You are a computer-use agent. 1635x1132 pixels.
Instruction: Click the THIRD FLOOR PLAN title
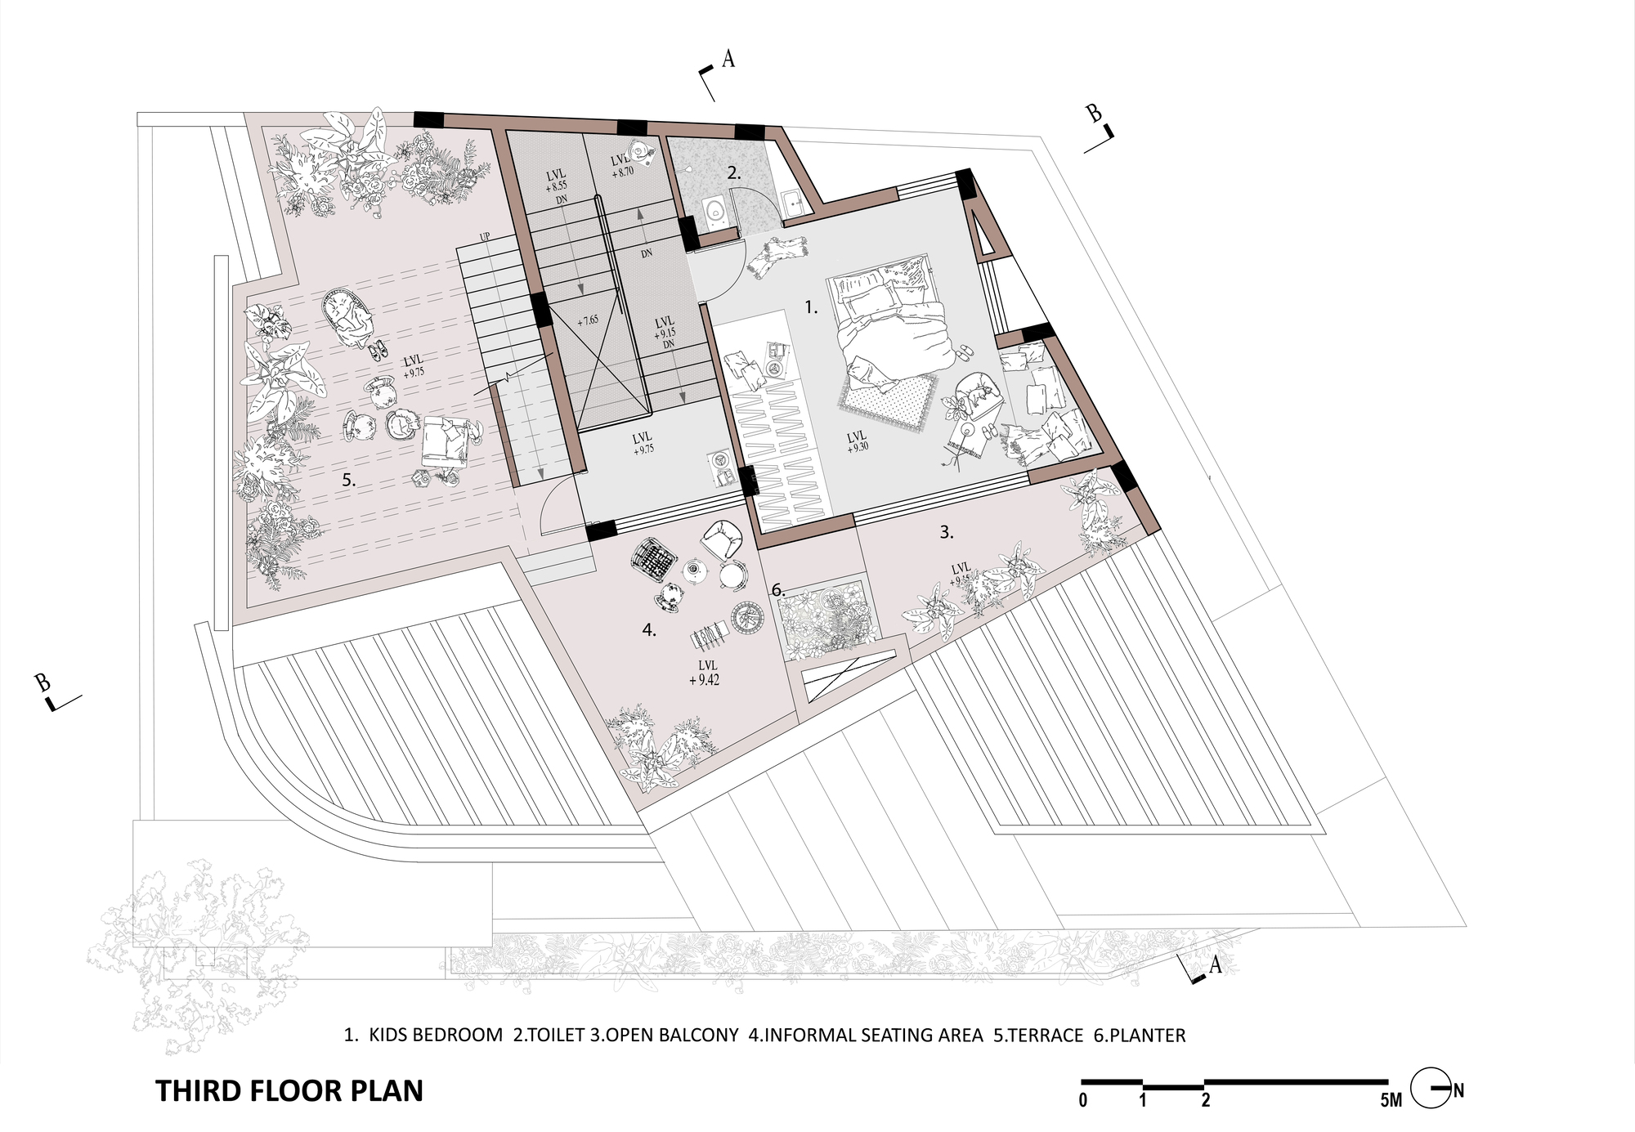pos(289,1091)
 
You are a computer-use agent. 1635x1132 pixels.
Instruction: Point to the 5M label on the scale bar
pos(1390,1101)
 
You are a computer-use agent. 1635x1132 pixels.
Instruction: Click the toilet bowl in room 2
pos(717,210)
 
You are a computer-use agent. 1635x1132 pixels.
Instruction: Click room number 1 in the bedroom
pos(810,307)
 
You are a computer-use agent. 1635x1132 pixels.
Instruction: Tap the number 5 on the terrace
pos(348,481)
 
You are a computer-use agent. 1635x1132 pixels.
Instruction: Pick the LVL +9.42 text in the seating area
pos(705,672)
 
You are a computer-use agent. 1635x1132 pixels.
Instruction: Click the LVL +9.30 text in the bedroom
pos(857,441)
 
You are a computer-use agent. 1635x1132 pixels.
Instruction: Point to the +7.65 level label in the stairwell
pos(588,320)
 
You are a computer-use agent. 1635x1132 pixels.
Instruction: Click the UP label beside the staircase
pos(485,237)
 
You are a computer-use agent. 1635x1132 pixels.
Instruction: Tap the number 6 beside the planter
pos(777,589)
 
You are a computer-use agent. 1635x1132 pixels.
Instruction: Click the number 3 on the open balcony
pos(946,532)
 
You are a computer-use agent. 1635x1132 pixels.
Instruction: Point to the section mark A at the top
pos(728,59)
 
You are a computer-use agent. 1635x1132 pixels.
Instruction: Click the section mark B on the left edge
pos(43,682)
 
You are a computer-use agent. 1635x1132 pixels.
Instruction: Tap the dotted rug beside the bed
pos(887,400)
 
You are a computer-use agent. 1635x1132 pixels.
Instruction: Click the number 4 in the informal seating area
pos(648,630)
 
